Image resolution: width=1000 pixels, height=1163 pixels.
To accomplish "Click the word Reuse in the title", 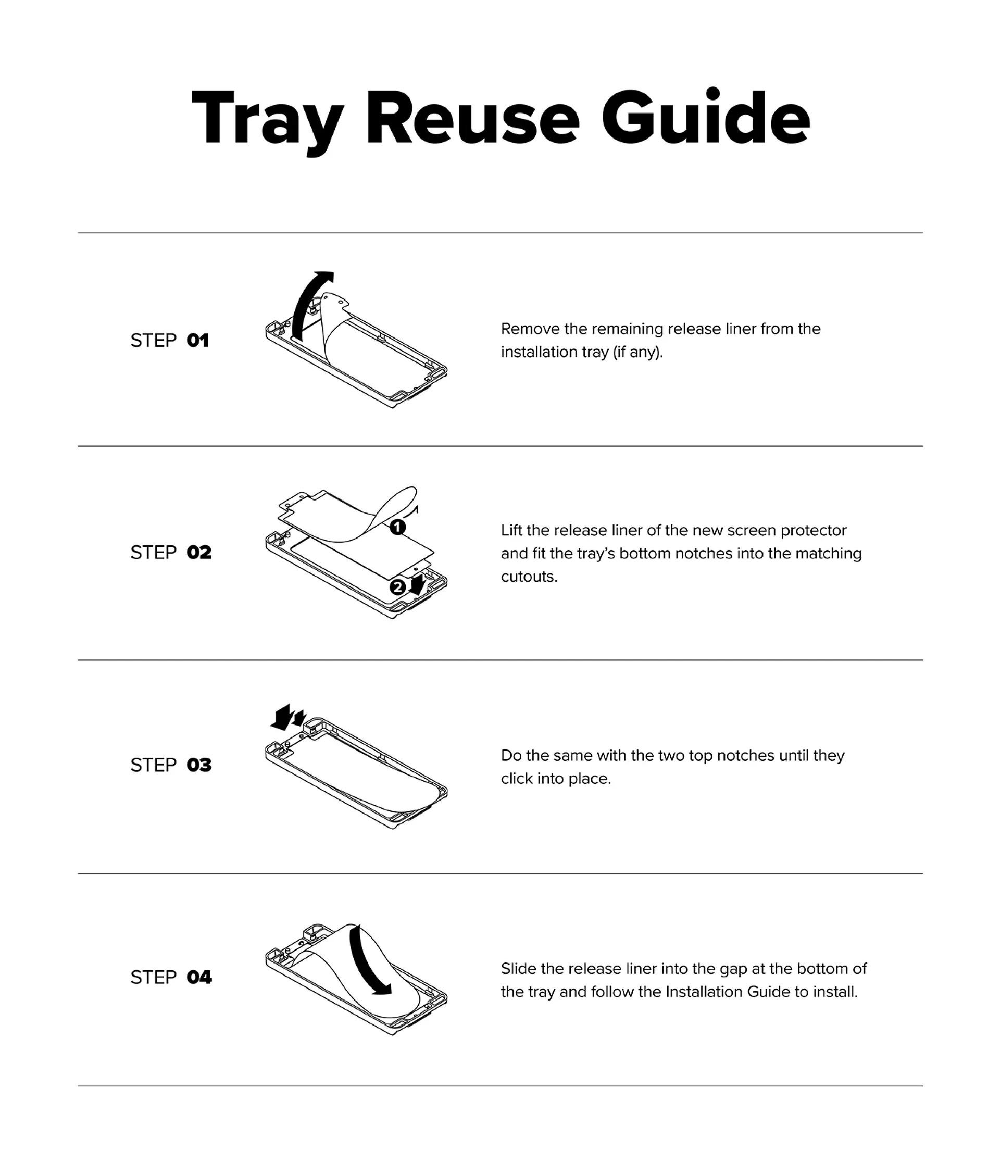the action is (x=472, y=119).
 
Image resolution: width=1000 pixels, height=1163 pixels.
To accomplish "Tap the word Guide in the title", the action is (x=706, y=117).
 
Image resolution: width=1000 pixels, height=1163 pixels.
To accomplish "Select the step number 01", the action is (x=197, y=341).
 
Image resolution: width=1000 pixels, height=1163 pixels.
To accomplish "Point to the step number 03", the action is (x=199, y=765).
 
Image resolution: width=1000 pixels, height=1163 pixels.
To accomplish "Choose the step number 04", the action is (x=199, y=977).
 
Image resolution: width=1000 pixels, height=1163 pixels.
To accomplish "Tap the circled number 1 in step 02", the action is (x=397, y=527).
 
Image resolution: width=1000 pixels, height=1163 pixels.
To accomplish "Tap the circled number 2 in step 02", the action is (x=397, y=587).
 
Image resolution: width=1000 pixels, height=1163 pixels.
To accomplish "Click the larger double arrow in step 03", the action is (x=282, y=718).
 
